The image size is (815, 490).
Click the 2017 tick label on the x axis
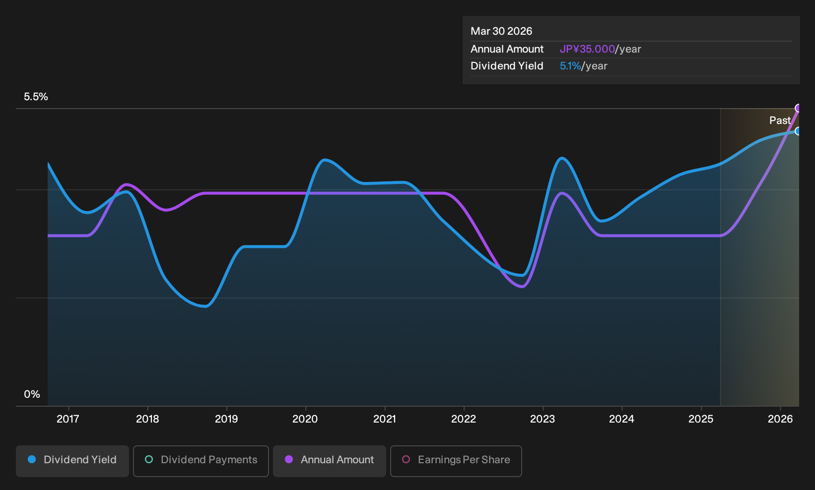[68, 419]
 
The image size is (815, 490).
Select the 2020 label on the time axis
[305, 419]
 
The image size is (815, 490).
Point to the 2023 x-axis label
[543, 419]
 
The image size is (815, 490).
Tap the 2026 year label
[780, 419]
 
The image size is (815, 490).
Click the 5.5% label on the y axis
[36, 97]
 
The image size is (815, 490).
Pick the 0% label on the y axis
[32, 394]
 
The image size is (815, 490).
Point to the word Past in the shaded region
[780, 121]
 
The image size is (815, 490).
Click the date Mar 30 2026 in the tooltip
[501, 31]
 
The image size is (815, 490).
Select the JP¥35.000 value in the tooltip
[587, 49]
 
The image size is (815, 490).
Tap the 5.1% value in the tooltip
[570, 66]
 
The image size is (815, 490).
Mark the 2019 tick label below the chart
[226, 419]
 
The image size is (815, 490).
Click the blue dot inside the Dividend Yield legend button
[32, 459]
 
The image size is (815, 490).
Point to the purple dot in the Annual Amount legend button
[289, 459]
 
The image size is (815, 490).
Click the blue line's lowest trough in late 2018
[206, 306]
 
